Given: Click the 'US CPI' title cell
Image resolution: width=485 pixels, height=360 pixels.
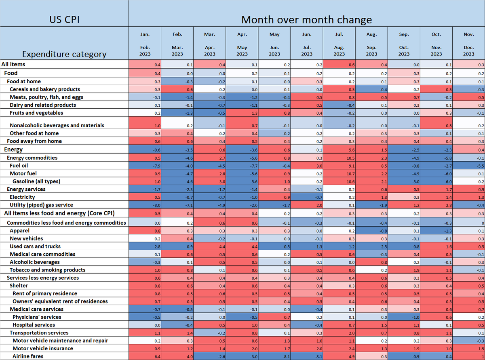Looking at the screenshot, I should tap(64, 19).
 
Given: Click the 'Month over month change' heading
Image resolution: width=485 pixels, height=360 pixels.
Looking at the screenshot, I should tap(306, 19).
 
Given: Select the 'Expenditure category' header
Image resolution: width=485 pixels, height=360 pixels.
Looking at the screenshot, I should tap(64, 54).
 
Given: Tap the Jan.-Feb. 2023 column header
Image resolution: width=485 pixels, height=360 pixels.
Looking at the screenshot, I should tap(145, 44).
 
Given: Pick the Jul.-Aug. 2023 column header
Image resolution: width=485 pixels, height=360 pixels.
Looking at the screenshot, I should tap(339, 44).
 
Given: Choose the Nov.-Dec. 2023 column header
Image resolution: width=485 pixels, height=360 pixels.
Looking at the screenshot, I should tap(468, 44).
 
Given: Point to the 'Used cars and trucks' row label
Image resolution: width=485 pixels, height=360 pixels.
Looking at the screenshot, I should tap(35, 246).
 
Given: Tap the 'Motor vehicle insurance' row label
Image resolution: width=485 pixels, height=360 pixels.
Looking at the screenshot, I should tap(43, 348).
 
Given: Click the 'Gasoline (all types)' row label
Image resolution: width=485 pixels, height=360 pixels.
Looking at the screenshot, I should tap(36, 181).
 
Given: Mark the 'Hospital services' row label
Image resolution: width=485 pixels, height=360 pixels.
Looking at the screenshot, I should tap(34, 325).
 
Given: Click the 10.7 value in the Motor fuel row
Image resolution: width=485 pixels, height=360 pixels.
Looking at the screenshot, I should tap(339, 174).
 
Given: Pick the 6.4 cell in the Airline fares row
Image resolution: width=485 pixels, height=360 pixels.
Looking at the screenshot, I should tap(145, 356).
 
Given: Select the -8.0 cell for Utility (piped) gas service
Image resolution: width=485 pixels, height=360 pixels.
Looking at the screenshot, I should tap(145, 205).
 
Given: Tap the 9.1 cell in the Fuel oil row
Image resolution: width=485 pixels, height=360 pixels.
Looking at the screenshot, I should tap(339, 166).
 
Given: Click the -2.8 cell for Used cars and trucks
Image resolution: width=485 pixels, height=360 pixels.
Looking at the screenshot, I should tap(145, 246).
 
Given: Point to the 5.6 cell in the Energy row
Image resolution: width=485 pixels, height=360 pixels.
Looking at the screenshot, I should tap(339, 150).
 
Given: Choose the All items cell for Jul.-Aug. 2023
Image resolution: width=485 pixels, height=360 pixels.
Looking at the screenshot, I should tap(339, 64).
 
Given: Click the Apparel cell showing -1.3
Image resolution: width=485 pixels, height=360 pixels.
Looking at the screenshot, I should tap(436, 231).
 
